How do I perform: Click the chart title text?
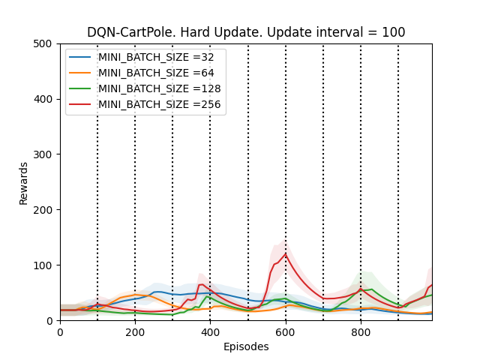pos(246,32)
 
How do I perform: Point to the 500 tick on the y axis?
pos(46,43)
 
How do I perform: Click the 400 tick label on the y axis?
pos(46,99)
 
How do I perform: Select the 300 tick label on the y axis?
pos(46,154)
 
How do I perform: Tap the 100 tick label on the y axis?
pos(46,265)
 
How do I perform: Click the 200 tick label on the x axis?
pos(135,331)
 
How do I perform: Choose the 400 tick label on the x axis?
pos(210,331)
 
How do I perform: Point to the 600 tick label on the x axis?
pos(285,331)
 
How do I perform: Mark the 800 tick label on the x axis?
pos(360,331)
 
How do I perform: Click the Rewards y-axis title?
pos(24,182)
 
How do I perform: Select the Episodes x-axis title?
pos(246,346)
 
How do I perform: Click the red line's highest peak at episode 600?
pos(285,253)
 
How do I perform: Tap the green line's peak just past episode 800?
pos(371,289)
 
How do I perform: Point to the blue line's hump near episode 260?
pos(158,292)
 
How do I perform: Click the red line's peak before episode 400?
pos(201,284)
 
